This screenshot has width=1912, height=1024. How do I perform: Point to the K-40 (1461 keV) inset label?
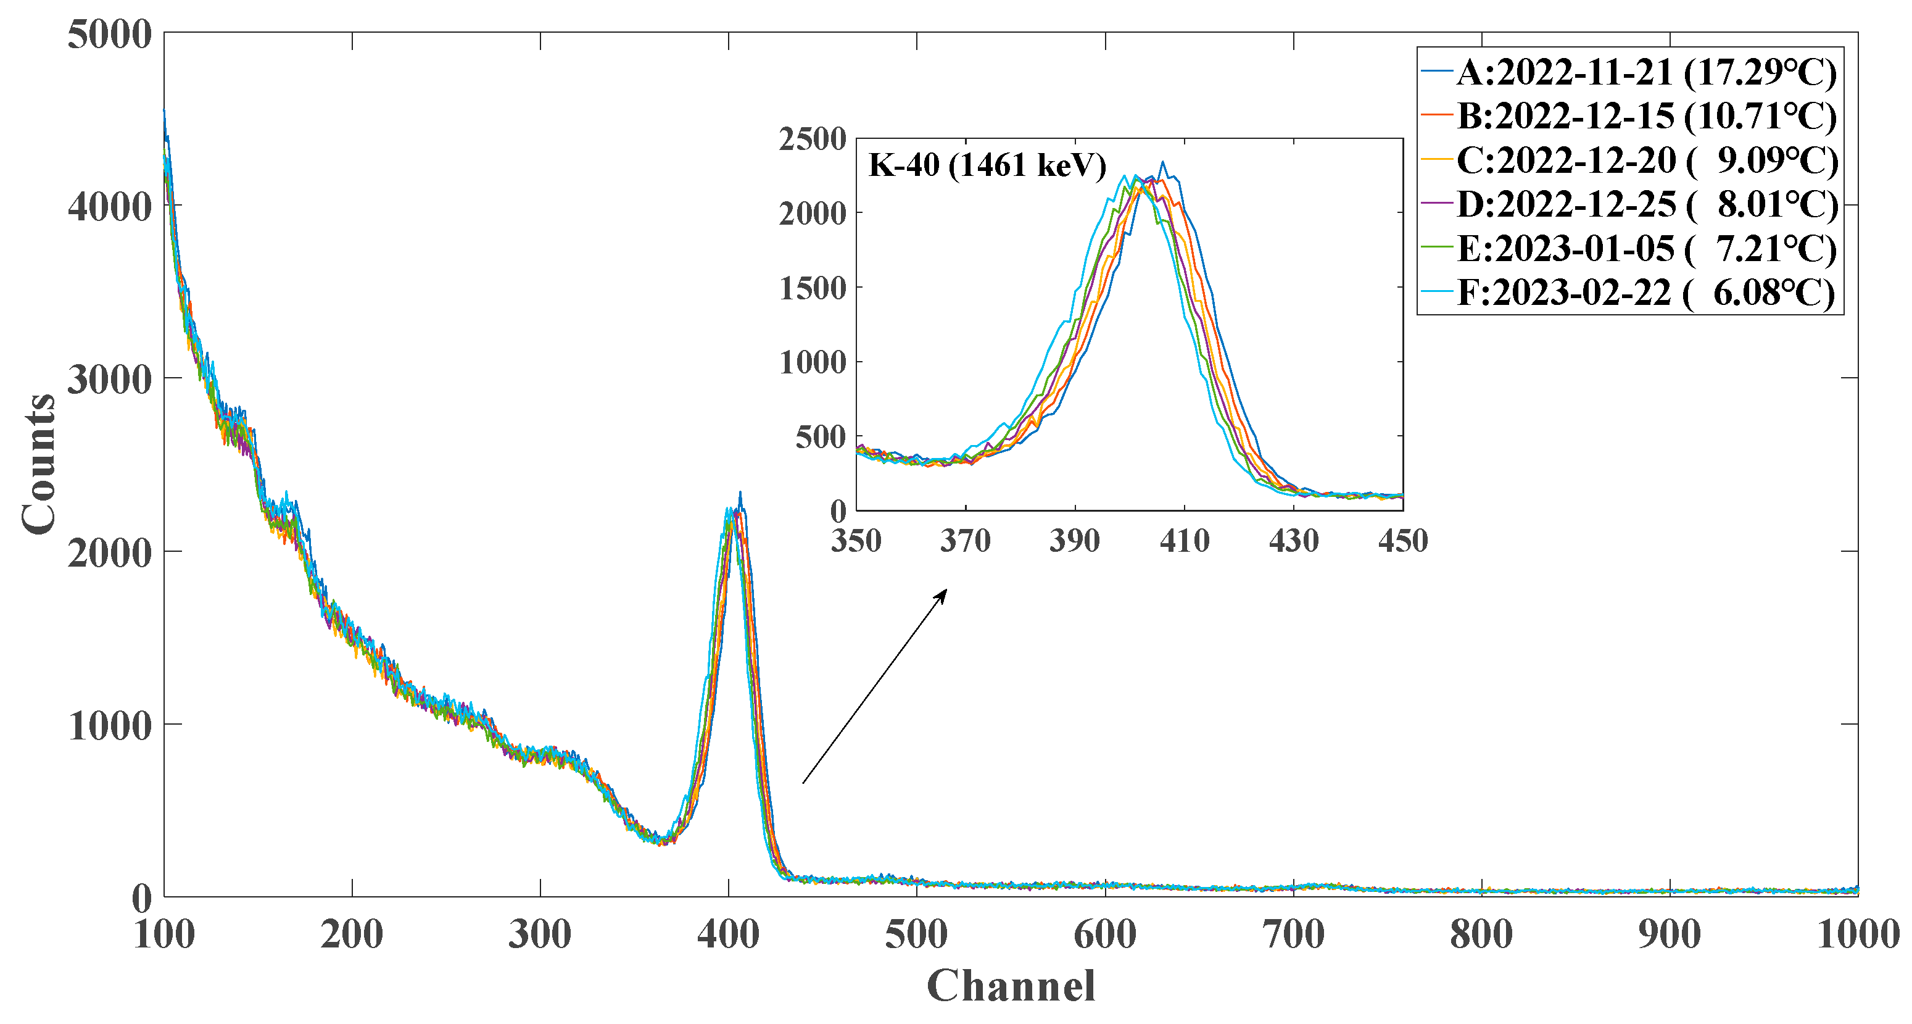pyautogui.click(x=987, y=165)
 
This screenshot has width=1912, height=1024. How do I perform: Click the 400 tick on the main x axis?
pyautogui.click(x=728, y=934)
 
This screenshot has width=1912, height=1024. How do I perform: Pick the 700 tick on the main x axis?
pyautogui.click(x=1294, y=934)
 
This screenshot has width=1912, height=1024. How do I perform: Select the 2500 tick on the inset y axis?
pyautogui.click(x=812, y=139)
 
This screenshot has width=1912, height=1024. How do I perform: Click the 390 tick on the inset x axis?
pyautogui.click(x=1074, y=541)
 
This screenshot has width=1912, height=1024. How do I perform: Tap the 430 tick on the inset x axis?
pyautogui.click(x=1294, y=541)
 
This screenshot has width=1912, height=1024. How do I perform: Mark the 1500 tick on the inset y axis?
pyautogui.click(x=812, y=288)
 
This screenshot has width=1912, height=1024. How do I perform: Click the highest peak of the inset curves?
pyautogui.click(x=1162, y=162)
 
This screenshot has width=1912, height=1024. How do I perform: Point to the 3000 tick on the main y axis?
pyautogui.click(x=109, y=380)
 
